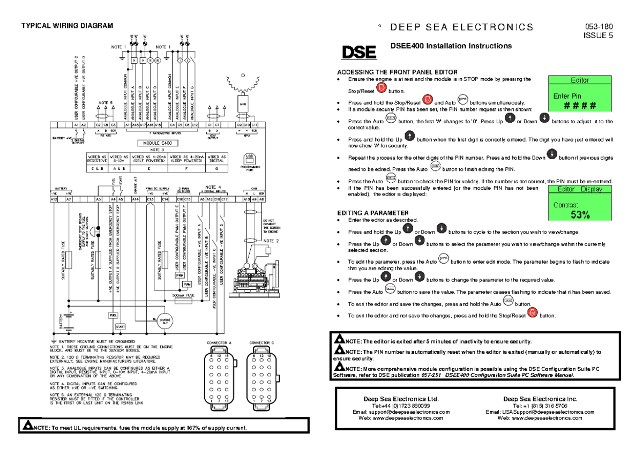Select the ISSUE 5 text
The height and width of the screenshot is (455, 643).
coord(599,36)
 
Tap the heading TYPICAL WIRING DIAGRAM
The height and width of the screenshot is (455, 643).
coord(67,26)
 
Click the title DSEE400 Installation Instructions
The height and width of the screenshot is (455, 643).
coord(451,46)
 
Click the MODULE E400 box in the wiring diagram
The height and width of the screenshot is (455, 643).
coord(154,143)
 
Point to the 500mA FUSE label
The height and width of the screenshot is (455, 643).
coord(183,295)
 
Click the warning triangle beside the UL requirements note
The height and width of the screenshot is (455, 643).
coord(27,426)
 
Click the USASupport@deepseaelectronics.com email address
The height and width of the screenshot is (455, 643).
coord(540,412)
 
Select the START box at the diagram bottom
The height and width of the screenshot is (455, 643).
coord(120,326)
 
